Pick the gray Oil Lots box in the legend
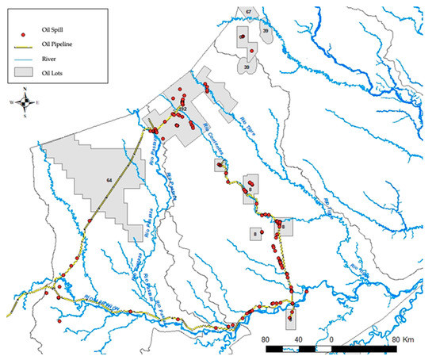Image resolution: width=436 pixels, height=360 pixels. [x=25, y=72]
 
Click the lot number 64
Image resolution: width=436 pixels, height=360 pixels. [x=107, y=182]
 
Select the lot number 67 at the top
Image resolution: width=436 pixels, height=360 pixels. [x=248, y=11]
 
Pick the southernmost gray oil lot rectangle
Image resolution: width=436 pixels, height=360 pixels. [x=291, y=315]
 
